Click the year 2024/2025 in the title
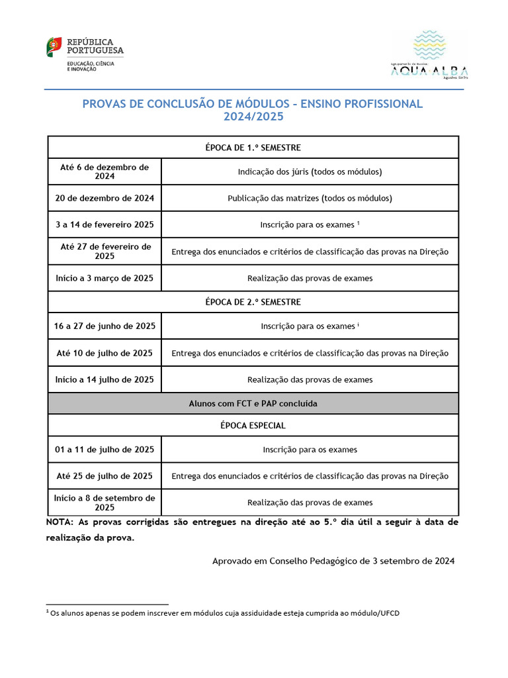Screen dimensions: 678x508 pyautogui.click(x=253, y=117)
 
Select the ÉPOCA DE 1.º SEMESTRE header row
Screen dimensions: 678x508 pyautogui.click(x=253, y=147)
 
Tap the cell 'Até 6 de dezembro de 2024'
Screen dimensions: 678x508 pyautogui.click(x=105, y=171)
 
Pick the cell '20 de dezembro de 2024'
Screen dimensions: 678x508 pyautogui.click(x=105, y=198)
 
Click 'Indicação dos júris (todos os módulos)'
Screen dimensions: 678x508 pyautogui.click(x=310, y=171)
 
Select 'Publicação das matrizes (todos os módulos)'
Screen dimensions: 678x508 pyautogui.click(x=310, y=198)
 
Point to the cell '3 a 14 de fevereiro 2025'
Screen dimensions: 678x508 pyautogui.click(x=105, y=224)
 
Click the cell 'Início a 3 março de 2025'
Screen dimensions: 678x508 pyautogui.click(x=105, y=278)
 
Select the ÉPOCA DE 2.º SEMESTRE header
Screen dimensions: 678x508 pyautogui.click(x=253, y=302)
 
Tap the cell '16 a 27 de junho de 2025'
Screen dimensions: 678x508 pyautogui.click(x=105, y=326)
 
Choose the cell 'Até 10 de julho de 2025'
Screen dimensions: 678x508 pyautogui.click(x=105, y=353)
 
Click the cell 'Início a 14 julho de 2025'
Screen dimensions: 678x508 pyautogui.click(x=105, y=379)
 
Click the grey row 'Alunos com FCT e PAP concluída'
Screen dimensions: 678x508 pyautogui.click(x=253, y=403)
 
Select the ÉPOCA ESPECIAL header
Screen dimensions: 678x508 pyautogui.click(x=253, y=425)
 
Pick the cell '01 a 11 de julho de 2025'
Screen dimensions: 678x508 pyautogui.click(x=105, y=450)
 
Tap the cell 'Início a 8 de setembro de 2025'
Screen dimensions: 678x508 pyautogui.click(x=105, y=503)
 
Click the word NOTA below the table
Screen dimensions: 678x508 pyautogui.click(x=60, y=522)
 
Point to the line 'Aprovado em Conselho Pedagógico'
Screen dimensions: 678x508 pyautogui.click(x=333, y=561)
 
